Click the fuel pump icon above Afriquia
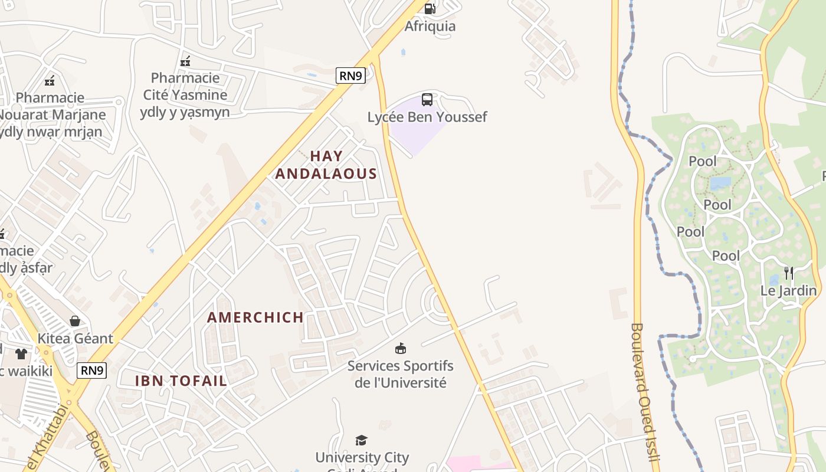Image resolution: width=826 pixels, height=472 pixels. point(430,8)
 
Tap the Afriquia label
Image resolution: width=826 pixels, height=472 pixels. point(430,27)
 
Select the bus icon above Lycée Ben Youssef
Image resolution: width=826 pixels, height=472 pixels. point(427,100)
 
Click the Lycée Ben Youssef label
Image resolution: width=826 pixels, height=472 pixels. point(427,117)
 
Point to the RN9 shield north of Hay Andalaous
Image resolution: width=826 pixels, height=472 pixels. point(351,75)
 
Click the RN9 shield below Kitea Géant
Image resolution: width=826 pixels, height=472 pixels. point(92,370)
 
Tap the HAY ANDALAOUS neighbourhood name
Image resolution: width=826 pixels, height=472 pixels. point(326,165)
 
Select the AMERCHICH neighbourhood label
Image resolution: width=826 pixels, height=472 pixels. point(255,317)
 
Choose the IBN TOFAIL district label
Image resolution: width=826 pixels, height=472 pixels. point(181,381)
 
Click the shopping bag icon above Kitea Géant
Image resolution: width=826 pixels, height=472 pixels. point(75,321)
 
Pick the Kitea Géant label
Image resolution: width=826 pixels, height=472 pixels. point(75,339)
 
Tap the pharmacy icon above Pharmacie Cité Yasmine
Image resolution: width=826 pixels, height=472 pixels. point(185,61)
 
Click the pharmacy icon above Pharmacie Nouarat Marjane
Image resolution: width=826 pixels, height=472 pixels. point(50,81)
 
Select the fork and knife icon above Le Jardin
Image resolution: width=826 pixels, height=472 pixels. point(788,273)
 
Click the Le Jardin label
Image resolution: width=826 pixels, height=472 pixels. point(788,291)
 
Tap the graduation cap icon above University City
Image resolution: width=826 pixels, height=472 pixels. point(362,440)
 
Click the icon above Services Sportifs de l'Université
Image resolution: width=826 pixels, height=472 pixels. point(401,348)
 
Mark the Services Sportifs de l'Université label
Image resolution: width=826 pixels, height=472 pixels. point(401,374)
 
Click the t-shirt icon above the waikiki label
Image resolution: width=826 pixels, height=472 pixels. point(21,354)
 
